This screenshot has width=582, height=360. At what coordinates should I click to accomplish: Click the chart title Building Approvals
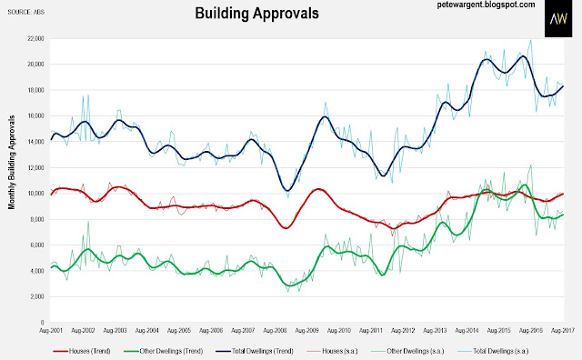(x=256, y=14)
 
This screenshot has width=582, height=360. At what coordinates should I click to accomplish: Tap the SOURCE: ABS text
(x=26, y=12)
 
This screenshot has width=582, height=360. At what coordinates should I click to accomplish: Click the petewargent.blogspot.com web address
(x=486, y=5)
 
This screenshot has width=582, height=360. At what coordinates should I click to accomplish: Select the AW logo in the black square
(x=558, y=18)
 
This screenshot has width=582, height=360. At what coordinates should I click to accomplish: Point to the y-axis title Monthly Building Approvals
(x=12, y=162)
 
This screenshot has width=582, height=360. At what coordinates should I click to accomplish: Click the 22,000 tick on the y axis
(x=36, y=38)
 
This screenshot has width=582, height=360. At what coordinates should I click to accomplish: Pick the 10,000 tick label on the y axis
(x=36, y=194)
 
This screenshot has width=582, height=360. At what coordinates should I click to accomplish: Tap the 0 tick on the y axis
(x=43, y=323)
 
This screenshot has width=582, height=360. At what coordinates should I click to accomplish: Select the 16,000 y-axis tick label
(x=36, y=115)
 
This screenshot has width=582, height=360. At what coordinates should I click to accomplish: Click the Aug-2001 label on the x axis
(x=51, y=330)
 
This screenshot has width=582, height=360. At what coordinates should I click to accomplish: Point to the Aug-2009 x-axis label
(x=306, y=330)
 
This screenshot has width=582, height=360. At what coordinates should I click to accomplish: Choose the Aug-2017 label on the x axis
(x=563, y=330)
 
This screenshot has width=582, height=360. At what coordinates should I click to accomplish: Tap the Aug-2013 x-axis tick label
(x=435, y=330)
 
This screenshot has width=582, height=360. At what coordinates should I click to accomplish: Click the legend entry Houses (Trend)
(x=82, y=351)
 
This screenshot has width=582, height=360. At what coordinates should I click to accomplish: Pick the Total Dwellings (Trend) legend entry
(x=255, y=351)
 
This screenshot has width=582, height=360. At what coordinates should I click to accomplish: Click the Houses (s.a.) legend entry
(x=332, y=351)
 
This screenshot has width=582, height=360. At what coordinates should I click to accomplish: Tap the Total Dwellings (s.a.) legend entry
(x=492, y=351)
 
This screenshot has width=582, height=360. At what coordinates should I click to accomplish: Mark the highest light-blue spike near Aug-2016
(x=531, y=40)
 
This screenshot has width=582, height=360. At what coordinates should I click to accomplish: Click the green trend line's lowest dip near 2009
(x=290, y=285)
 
